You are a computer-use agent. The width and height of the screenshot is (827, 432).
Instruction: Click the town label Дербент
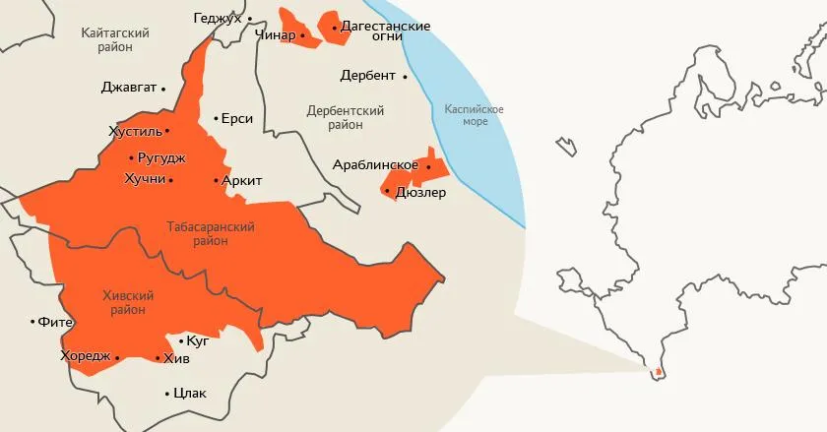click(x=367, y=76)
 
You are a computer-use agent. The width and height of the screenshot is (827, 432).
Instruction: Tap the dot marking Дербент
click(x=405, y=76)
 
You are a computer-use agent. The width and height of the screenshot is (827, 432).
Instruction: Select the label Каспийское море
click(x=474, y=115)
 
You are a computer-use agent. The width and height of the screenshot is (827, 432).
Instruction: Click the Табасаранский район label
click(x=211, y=233)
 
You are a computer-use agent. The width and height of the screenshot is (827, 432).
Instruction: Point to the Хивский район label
click(x=130, y=302)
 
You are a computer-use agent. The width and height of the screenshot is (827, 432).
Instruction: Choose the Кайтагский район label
click(x=115, y=40)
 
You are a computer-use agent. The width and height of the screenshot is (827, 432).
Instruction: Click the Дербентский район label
click(x=345, y=118)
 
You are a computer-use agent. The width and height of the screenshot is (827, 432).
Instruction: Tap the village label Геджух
click(x=218, y=19)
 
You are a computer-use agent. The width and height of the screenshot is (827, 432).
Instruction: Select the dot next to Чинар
click(x=303, y=35)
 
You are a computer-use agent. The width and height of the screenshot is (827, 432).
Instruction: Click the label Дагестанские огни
click(x=385, y=31)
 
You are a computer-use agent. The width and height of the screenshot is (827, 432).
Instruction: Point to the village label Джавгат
click(x=129, y=88)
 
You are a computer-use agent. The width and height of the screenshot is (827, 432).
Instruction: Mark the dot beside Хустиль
click(x=167, y=131)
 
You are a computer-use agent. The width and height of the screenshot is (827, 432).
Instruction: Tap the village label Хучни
click(x=144, y=179)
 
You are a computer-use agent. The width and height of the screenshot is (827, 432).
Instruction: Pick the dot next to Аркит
click(x=217, y=181)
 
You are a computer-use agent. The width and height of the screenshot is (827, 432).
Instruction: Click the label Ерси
click(x=237, y=119)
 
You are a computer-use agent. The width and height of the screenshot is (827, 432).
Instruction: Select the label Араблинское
click(x=376, y=164)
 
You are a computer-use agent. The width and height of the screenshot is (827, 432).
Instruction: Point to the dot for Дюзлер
click(x=389, y=192)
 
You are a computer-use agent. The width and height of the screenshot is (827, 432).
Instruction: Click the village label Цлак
click(x=189, y=394)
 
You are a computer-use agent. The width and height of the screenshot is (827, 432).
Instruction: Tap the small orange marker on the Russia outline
click(x=657, y=372)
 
